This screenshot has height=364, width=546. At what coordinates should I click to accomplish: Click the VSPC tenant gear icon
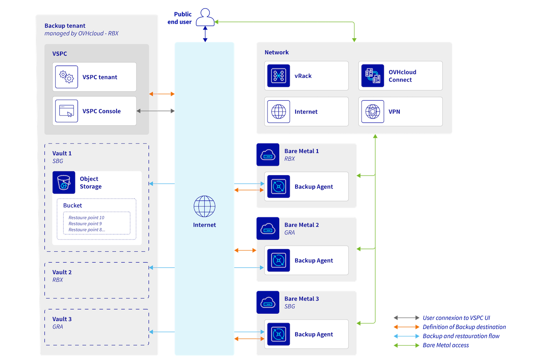[66, 77]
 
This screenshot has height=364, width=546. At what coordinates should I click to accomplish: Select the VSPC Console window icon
[66, 111]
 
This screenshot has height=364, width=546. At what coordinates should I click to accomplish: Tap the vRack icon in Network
[278, 76]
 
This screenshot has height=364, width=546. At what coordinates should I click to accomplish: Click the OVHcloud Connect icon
[372, 76]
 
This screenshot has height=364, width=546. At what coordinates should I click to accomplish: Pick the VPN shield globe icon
[372, 112]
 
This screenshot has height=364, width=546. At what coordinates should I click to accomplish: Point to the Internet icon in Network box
[278, 112]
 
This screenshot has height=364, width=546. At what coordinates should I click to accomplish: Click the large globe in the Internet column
[204, 206]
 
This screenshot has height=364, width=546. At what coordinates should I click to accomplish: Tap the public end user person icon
[205, 18]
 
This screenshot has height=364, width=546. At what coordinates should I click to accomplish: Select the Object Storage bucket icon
[64, 183]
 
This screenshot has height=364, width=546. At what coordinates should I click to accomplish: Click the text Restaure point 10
[86, 218]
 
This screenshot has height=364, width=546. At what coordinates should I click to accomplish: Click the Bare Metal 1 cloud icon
[268, 154]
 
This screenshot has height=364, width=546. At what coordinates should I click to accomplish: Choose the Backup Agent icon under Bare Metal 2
[278, 260]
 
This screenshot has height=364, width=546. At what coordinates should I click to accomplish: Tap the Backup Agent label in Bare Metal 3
[314, 334]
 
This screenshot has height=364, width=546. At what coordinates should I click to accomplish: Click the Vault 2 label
[62, 272]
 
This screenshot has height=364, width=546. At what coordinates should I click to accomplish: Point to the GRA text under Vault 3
[58, 327]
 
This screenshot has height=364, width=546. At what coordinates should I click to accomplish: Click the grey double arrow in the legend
[406, 318]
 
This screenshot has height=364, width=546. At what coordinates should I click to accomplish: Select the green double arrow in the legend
[406, 345]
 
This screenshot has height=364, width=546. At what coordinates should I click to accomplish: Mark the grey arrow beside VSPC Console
[155, 111]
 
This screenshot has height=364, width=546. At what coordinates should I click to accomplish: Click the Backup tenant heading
[65, 26]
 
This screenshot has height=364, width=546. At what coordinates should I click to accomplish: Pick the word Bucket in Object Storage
[73, 206]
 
